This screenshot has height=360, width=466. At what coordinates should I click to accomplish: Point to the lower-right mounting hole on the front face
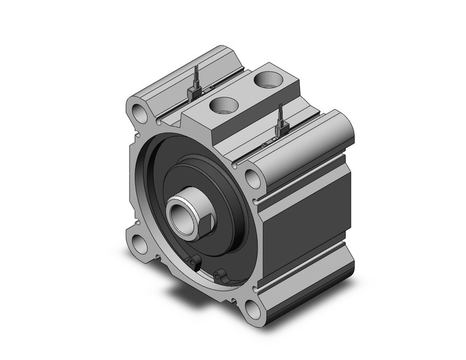(x=251, y=310)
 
